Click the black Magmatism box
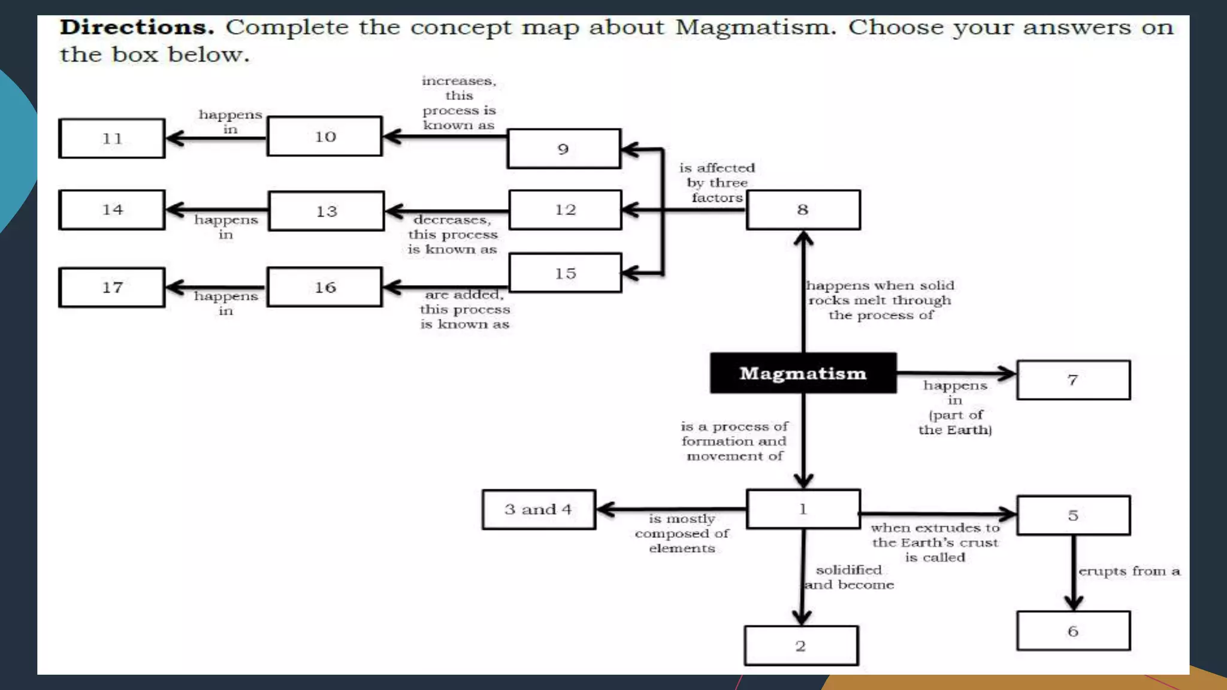tap(803, 373)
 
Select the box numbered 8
tap(803, 210)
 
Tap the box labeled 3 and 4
tap(539, 510)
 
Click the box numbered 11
tap(112, 138)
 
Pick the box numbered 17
tap(112, 287)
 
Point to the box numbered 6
tap(1073, 631)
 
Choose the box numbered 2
tap(801, 646)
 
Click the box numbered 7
tap(1073, 380)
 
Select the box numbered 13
tap(327, 211)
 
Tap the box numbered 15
tap(565, 273)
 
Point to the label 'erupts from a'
tap(1129, 571)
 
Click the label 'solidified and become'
tap(849, 577)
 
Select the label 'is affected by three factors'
tap(717, 183)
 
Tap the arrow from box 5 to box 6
tap(1073, 572)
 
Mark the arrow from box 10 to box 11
tap(216, 138)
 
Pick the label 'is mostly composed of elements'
tap(682, 533)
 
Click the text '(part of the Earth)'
tap(956, 422)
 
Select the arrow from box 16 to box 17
tap(216, 287)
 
